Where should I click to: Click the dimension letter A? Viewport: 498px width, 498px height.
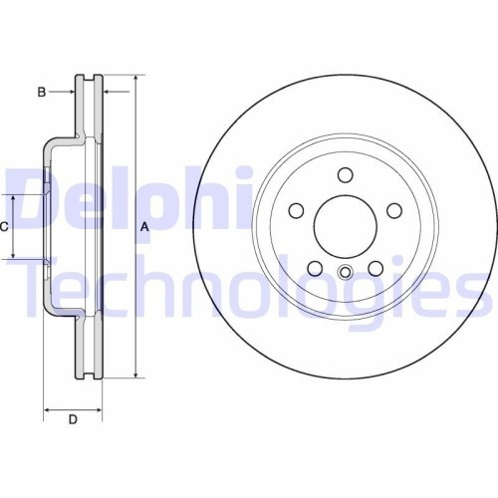(x=144, y=227)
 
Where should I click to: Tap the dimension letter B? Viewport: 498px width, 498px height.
(x=42, y=93)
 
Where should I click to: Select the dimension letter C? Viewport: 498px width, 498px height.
(x=4, y=227)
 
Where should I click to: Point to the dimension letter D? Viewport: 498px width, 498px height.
(x=73, y=419)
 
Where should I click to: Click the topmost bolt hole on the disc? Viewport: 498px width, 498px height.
(x=346, y=176)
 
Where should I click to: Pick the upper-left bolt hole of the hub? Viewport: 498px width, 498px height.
(x=296, y=211)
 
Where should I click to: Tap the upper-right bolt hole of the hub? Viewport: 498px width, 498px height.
(x=394, y=210)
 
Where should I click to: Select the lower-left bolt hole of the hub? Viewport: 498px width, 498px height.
(x=315, y=268)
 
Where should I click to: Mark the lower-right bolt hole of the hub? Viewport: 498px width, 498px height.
(x=375, y=268)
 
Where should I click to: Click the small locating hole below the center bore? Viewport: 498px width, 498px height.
(x=345, y=275)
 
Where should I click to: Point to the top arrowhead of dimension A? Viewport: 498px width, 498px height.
(x=134, y=78)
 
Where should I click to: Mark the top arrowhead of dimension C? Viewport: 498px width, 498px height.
(x=14, y=196)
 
